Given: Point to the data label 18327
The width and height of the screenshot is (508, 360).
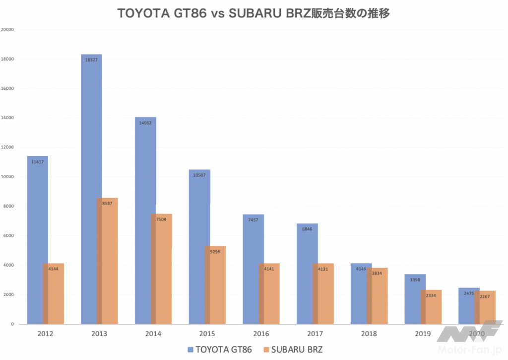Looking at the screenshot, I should pyautogui.click(x=91, y=60).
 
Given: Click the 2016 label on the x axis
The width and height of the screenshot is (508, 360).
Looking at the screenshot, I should pyautogui.click(x=261, y=334).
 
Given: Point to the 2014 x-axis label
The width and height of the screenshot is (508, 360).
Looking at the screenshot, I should pyautogui.click(x=153, y=334).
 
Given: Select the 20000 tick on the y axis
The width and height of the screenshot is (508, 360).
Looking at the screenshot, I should pyautogui.click(x=7, y=29).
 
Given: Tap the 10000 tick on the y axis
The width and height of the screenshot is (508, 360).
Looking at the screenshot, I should pyautogui.click(x=7, y=177).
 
